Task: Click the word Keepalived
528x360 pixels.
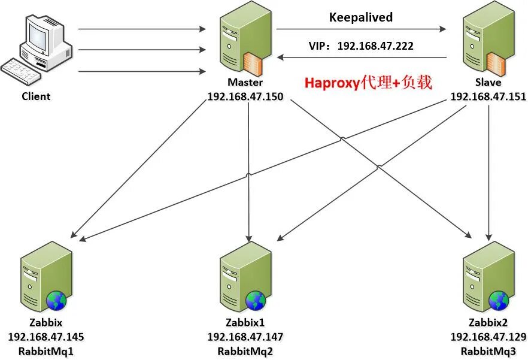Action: pyautogui.click(x=361, y=17)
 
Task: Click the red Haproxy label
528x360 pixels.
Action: pyautogui.click(x=368, y=83)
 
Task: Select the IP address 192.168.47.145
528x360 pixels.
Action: pyautogui.click(x=45, y=337)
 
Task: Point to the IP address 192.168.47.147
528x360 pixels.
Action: pyautogui.click(x=245, y=337)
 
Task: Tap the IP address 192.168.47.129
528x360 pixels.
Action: pyautogui.click(x=488, y=337)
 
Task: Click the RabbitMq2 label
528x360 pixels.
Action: pyautogui.click(x=245, y=350)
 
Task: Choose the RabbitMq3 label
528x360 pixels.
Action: pyautogui.click(x=488, y=350)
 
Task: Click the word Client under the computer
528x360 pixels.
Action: pyautogui.click(x=36, y=96)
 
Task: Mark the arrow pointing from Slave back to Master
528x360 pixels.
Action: pyautogui.click(x=362, y=58)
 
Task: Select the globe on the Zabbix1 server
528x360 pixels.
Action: pyautogui.click(x=256, y=300)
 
